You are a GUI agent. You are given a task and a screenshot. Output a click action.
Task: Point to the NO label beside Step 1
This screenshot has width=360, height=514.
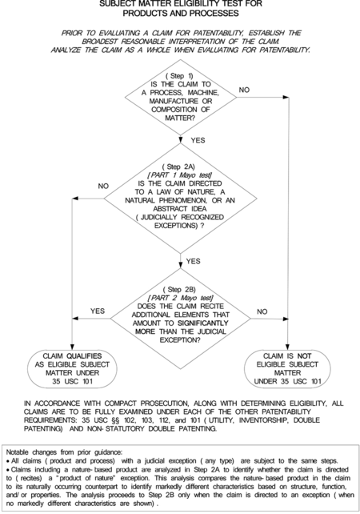pyautogui.click(x=244, y=90)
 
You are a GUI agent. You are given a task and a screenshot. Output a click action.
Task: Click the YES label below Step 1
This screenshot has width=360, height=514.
pyautogui.click(x=198, y=141)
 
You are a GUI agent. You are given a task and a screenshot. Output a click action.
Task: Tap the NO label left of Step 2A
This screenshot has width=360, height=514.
pyautogui.click(x=103, y=186)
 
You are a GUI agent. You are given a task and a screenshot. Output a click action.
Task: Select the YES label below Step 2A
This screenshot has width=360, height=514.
pyautogui.click(x=194, y=262)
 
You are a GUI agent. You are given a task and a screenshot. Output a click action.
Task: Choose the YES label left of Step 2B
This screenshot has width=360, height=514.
pyautogui.click(x=98, y=311)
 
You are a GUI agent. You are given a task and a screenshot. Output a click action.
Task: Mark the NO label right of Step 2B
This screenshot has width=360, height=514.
pyautogui.click(x=262, y=311)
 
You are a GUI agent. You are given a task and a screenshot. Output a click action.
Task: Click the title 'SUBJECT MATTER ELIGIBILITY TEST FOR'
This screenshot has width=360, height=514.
pyautogui.click(x=180, y=4)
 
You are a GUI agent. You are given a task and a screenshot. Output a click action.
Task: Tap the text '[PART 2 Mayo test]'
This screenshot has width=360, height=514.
pyautogui.click(x=179, y=298)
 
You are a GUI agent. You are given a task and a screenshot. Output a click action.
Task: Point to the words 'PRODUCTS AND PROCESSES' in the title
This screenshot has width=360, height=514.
pyautogui.click(x=180, y=14)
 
